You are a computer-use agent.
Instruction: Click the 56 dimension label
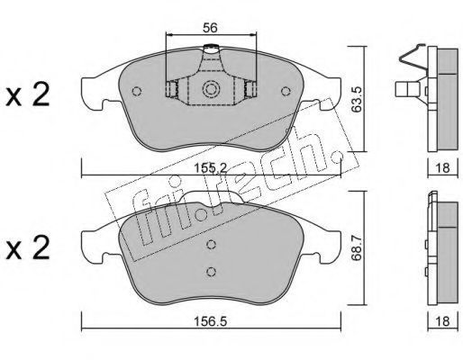210,28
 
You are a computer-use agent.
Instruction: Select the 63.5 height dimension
357,100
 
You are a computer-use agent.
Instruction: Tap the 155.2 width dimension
211,167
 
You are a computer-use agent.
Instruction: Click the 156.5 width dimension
210,321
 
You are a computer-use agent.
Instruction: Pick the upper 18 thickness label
442,167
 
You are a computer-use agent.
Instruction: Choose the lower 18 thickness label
442,321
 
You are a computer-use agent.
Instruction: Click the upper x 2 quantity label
28,94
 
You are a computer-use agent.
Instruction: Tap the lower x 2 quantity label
28,247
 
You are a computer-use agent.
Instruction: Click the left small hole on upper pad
137,91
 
